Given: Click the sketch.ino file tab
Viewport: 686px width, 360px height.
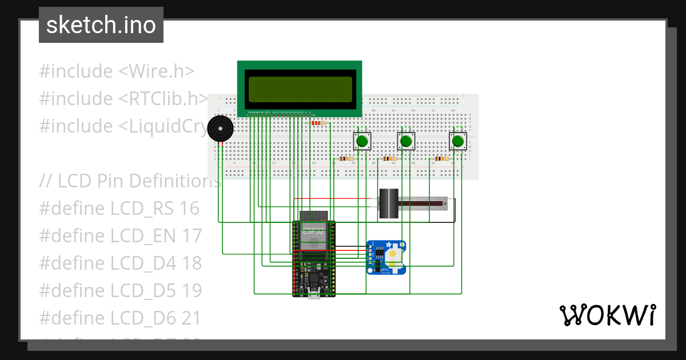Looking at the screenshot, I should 101,25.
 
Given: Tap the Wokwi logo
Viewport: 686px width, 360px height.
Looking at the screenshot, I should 607,315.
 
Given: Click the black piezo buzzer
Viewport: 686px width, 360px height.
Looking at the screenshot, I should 220,129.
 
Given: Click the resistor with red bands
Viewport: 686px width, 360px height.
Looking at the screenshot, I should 318,123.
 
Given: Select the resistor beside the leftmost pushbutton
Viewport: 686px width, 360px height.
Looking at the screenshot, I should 346,159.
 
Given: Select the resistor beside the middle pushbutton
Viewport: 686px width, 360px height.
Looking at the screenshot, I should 390,159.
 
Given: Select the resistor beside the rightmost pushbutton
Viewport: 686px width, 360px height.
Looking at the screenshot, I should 441,159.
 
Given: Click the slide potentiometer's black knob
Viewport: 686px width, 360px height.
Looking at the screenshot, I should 389,203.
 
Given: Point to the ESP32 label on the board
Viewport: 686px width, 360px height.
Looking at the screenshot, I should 313,231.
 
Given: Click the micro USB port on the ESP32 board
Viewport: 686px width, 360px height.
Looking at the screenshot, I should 313,294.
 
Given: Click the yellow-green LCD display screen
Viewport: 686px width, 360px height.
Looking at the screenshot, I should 300,89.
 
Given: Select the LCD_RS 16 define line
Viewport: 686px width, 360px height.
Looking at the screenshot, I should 119,209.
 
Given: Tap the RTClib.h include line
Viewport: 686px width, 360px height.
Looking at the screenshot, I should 123,99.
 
